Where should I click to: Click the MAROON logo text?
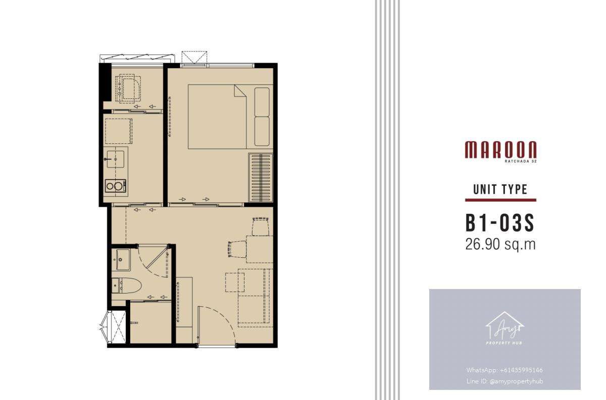500,149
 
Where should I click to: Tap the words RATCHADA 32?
521,161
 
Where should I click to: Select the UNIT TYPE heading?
500,190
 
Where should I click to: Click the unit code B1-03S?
500,223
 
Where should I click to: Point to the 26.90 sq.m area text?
500,244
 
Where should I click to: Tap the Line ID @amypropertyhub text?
504,381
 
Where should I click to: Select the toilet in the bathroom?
126,285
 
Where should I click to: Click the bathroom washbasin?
121,260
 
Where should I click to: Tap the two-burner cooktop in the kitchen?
116,186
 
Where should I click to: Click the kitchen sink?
116,159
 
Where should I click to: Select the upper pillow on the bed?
262,102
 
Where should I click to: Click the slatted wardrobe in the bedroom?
261,177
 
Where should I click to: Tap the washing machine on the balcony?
128,88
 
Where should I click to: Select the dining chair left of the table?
237,249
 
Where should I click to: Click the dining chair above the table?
261,226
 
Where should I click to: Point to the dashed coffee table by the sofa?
234,282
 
